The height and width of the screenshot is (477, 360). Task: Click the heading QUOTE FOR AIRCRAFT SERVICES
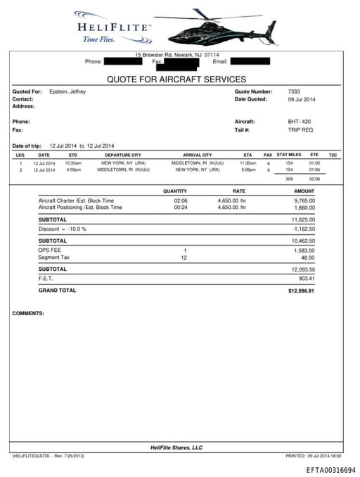(176, 79)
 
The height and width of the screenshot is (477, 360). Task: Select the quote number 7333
(294, 91)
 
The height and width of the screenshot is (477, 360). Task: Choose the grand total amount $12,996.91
(301, 290)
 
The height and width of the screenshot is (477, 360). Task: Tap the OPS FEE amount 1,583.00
(303, 250)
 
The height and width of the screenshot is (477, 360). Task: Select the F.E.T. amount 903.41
(306, 278)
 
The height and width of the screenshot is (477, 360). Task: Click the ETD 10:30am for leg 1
(73, 163)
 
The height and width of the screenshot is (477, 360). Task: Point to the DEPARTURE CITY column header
(122, 155)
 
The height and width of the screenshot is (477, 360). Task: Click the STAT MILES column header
(288, 154)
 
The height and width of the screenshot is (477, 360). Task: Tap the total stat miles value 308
(288, 179)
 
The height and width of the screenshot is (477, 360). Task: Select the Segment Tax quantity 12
(184, 257)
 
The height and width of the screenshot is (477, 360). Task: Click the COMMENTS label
(28, 313)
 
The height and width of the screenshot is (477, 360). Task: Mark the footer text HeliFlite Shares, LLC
(176, 447)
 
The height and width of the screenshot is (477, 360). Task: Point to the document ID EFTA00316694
(330, 470)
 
